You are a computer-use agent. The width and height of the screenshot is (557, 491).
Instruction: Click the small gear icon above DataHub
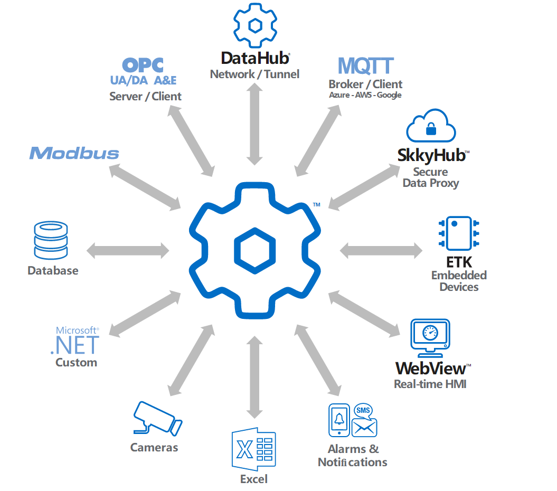(256, 25)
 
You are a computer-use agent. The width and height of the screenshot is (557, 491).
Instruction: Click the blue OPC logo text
(143, 65)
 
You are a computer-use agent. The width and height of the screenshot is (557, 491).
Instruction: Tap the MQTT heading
(365, 65)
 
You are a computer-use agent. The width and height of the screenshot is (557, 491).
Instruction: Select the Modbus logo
(74, 153)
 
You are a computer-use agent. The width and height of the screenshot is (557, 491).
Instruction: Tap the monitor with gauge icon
(430, 337)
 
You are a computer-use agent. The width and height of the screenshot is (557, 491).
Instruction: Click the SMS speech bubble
(363, 410)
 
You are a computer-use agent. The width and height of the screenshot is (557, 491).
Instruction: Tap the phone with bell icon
(339, 420)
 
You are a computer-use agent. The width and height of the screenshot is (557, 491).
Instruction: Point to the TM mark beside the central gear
(316, 204)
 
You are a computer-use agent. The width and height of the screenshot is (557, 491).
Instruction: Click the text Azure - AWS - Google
(365, 95)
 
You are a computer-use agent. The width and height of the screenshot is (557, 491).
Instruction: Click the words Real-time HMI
(430, 384)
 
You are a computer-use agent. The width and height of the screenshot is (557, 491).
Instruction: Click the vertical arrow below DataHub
(256, 125)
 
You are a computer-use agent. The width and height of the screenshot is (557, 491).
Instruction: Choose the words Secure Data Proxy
(430, 177)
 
